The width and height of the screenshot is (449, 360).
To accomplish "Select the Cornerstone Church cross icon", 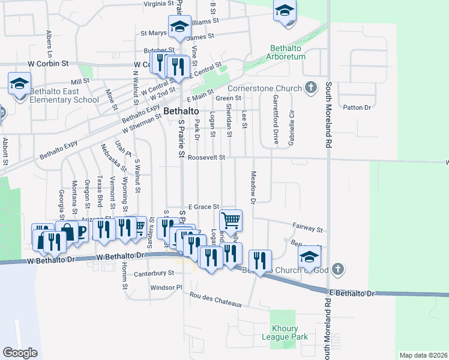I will pos(310,88).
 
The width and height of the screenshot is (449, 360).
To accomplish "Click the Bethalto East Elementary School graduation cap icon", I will pos(19,83).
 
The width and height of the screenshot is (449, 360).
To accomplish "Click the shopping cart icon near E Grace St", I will pos(231,220).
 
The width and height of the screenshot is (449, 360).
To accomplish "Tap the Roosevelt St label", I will pos(206,157).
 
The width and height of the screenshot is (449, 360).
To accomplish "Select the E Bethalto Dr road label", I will pos(352,293).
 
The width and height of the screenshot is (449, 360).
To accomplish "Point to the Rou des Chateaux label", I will pos(215,299).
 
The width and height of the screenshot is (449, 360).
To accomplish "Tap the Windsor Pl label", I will pos(166,287).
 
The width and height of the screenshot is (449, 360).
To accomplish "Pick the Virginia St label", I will pos(158,4).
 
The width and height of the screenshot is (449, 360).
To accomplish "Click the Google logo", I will pos(20,353).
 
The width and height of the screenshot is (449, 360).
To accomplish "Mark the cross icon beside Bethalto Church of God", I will pos(338,268).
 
